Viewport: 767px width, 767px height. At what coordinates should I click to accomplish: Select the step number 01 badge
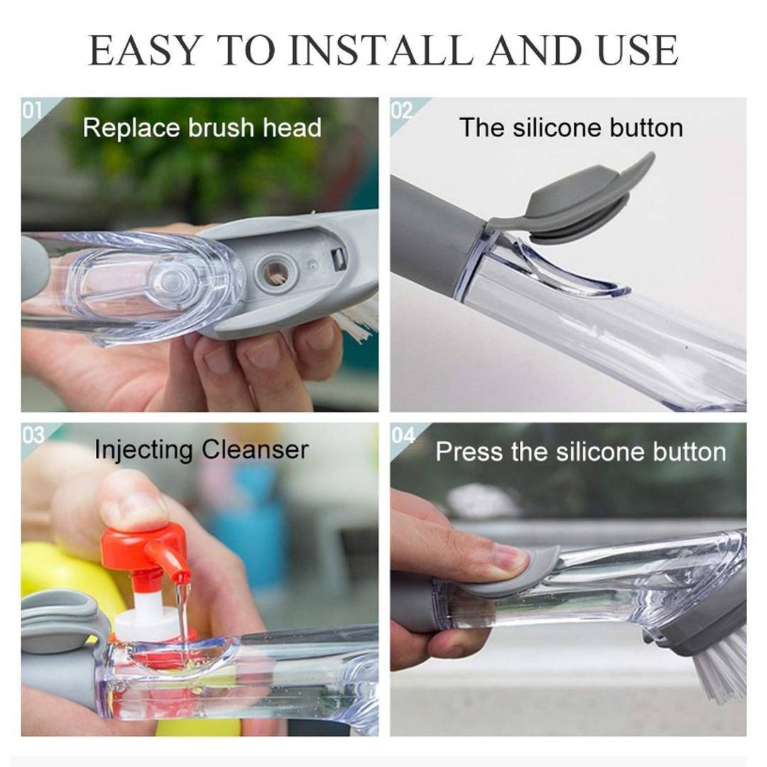click(x=33, y=110)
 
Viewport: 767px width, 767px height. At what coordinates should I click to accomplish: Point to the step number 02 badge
click(x=402, y=110)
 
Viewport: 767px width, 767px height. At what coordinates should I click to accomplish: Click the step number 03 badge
click(x=33, y=435)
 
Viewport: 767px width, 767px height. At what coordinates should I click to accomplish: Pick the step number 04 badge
click(x=403, y=435)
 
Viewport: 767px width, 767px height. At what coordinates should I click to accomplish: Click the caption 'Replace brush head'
click(x=202, y=128)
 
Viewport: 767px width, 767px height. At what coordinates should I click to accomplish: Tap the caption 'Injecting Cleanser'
click(x=201, y=450)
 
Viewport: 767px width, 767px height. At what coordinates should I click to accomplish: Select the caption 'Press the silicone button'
click(x=580, y=452)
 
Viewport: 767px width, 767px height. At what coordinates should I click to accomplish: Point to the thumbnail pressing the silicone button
click(x=508, y=557)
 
